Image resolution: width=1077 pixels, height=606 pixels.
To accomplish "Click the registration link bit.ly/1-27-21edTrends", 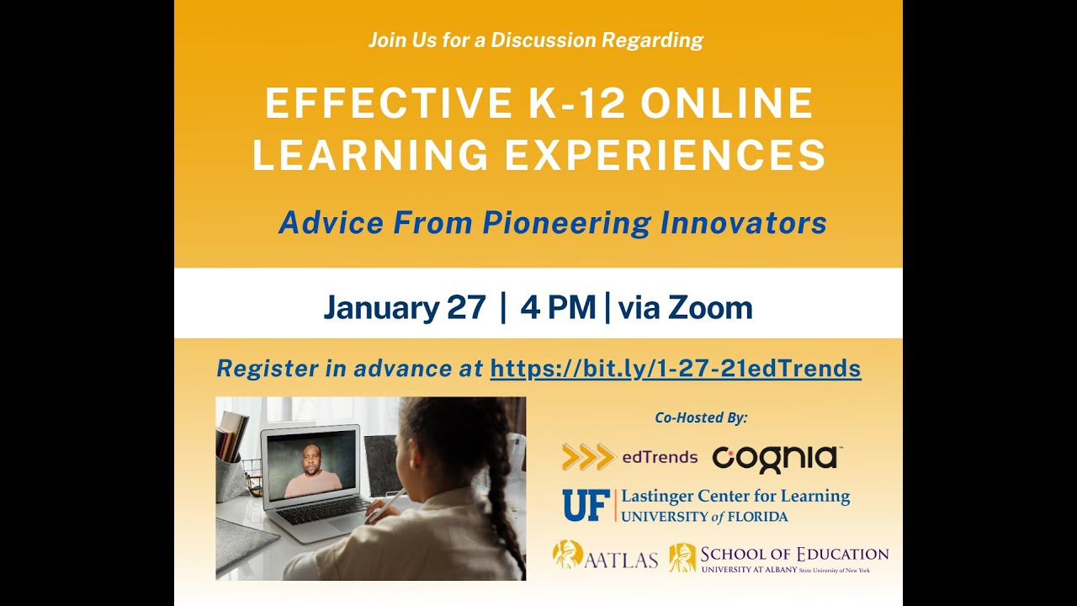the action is [x=676, y=369].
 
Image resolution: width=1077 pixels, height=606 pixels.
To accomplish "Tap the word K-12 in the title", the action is [x=577, y=103].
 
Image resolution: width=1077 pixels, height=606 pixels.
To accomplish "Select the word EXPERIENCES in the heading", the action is [x=665, y=154].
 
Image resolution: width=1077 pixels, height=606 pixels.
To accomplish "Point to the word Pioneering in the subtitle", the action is [x=567, y=224].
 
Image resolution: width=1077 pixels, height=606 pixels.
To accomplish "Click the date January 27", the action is [x=405, y=307].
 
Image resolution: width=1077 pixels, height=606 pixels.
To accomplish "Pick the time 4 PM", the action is [x=558, y=307].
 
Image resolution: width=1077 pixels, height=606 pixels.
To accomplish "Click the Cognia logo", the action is [x=777, y=459].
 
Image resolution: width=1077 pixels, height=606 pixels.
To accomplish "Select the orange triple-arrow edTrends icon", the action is [x=588, y=456].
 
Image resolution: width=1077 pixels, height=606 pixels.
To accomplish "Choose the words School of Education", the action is [x=794, y=555].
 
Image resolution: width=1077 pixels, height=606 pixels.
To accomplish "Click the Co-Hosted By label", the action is [x=701, y=417].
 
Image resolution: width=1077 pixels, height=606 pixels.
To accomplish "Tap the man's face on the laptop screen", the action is [x=311, y=460].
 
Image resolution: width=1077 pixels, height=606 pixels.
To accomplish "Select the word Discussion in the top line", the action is [x=544, y=40].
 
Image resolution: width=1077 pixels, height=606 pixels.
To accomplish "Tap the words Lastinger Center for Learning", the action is [x=735, y=497].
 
